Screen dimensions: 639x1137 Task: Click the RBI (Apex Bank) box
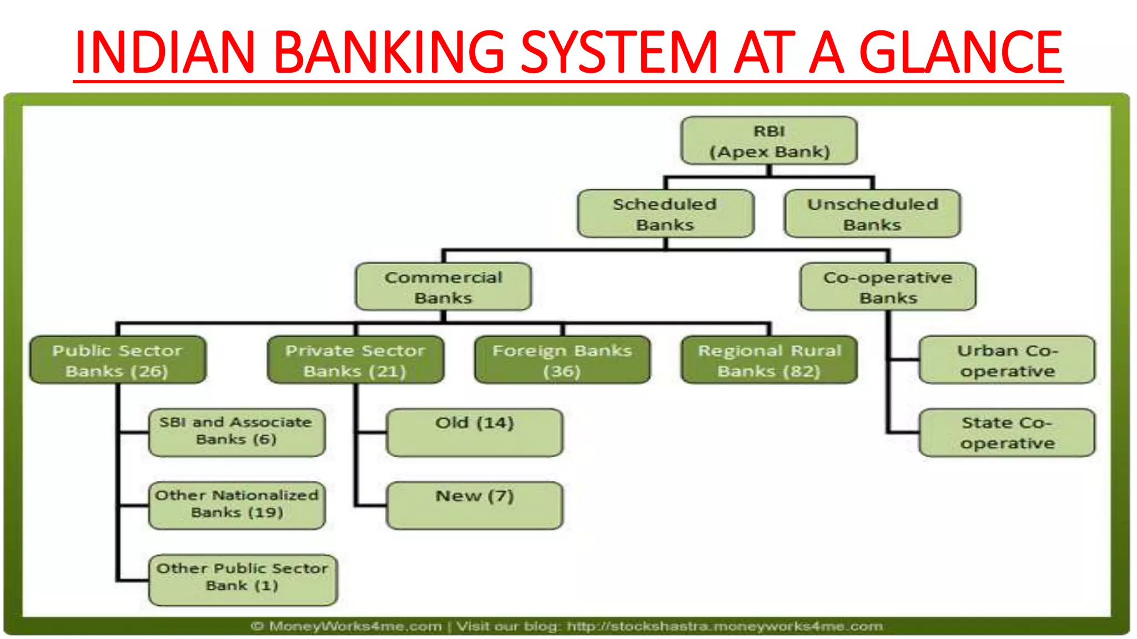(x=769, y=141)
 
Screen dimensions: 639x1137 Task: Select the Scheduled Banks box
(x=665, y=214)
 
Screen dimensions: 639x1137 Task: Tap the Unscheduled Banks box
(x=872, y=214)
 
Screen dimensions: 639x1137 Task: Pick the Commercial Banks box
(x=443, y=287)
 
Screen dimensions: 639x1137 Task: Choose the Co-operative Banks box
(x=888, y=287)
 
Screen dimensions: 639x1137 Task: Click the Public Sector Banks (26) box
(x=118, y=360)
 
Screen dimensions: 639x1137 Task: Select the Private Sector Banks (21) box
(x=355, y=360)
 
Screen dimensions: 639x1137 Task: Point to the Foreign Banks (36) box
(x=562, y=360)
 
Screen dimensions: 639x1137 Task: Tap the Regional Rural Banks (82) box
(x=769, y=360)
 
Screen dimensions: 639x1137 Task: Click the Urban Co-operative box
(x=1007, y=360)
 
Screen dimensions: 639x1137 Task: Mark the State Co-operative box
(x=1007, y=433)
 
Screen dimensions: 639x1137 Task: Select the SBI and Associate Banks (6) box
(x=237, y=432)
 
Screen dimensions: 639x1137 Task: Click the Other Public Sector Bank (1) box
(x=243, y=579)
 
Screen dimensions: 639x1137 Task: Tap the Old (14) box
(x=475, y=432)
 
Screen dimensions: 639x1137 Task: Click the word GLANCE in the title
(x=960, y=52)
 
